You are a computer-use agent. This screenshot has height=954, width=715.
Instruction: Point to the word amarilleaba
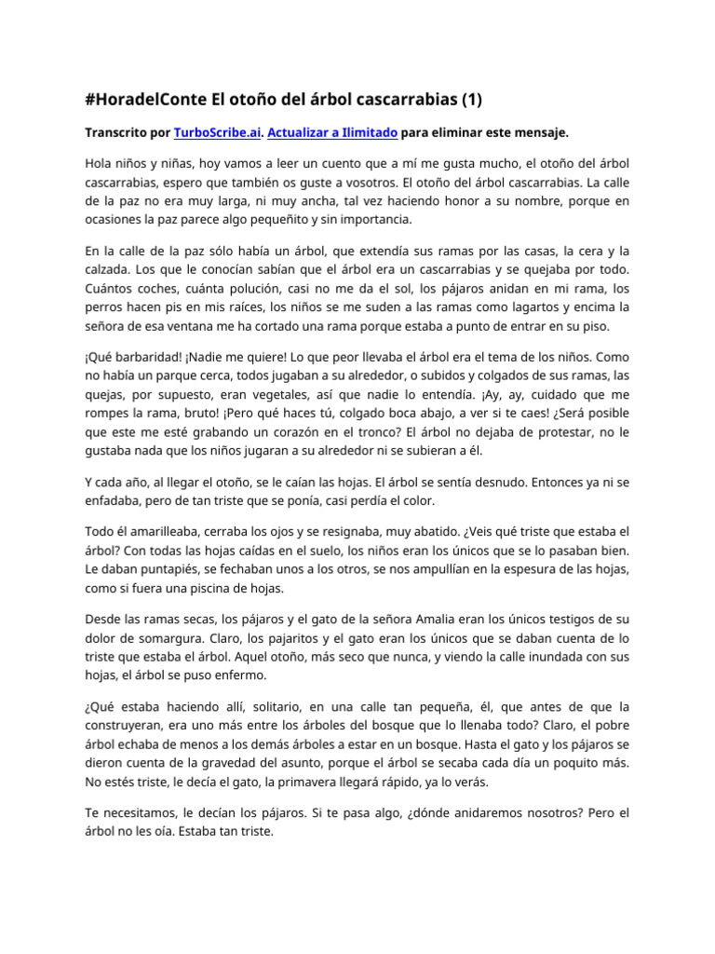point(168,531)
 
